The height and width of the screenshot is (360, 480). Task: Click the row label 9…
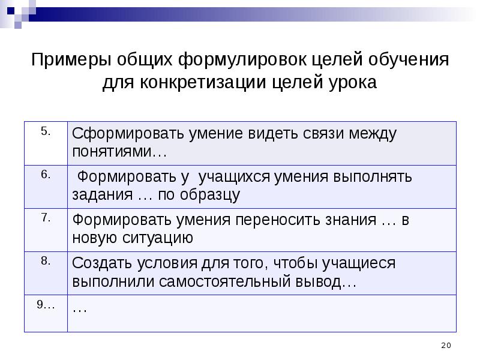click(46, 304)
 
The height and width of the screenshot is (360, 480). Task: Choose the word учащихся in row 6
click(236, 177)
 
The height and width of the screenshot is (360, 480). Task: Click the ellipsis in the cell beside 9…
click(80, 308)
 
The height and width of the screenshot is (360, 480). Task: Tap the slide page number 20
click(445, 344)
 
